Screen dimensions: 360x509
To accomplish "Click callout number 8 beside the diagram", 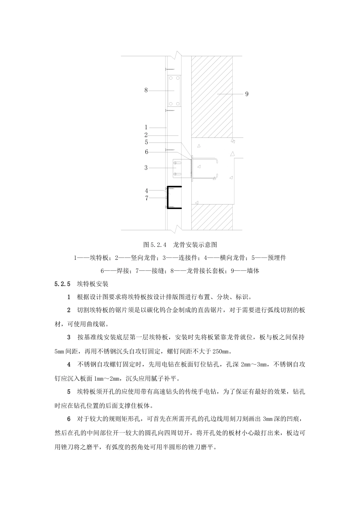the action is point(146,90).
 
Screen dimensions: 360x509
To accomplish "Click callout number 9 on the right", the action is point(247,94).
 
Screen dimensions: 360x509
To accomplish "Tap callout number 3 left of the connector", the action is point(146,167).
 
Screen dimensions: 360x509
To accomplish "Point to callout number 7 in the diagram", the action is point(146,198).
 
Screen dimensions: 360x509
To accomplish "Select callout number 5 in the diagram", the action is point(146,142).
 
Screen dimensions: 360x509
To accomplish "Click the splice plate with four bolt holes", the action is point(175,91).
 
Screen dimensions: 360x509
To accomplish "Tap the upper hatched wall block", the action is point(212,95).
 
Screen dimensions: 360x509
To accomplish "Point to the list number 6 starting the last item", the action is point(69,419).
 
